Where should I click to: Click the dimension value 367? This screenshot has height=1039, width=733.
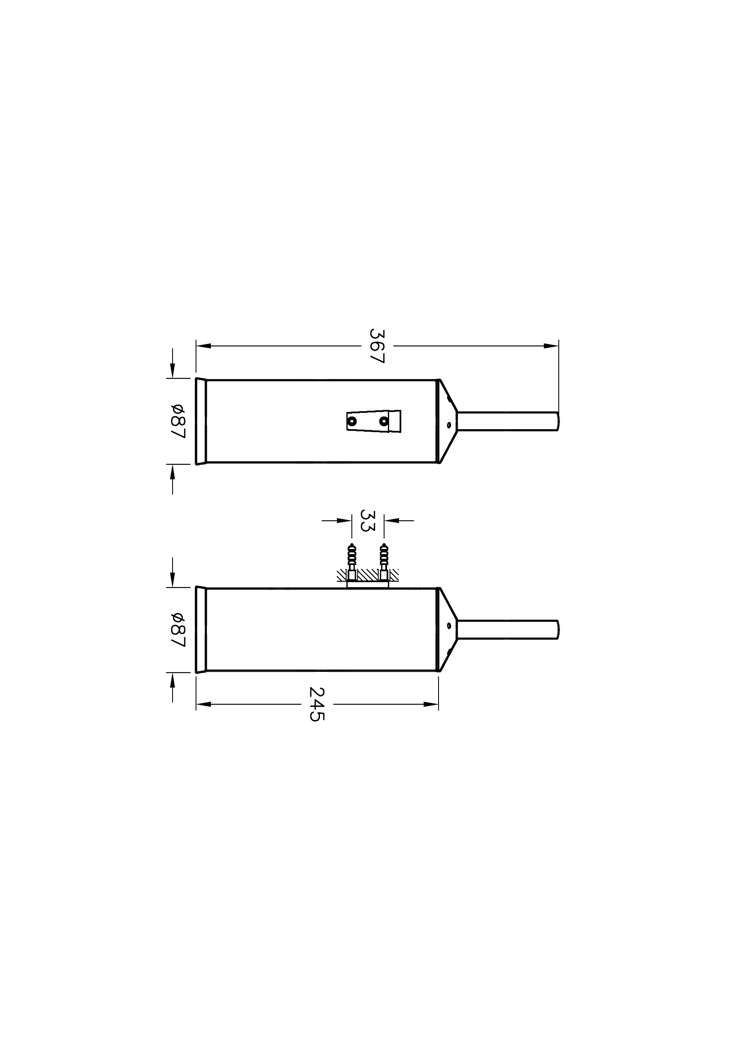tap(377, 346)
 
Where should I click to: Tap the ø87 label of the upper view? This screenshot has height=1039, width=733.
tap(178, 421)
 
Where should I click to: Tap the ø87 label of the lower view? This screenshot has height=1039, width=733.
tap(178, 630)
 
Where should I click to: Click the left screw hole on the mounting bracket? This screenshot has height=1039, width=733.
tap(352, 421)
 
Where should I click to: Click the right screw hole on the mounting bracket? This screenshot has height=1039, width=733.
tap(384, 421)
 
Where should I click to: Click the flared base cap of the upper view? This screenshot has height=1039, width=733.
tap(201, 421)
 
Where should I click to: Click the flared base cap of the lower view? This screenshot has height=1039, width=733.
tap(201, 630)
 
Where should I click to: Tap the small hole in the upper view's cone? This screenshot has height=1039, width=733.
tap(449, 425)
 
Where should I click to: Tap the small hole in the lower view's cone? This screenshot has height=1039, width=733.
tap(449, 626)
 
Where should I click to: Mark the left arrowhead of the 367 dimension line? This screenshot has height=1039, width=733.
tap(204, 346)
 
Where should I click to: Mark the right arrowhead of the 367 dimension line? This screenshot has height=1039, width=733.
tap(551, 346)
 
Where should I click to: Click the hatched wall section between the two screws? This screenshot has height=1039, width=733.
tap(368, 575)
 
